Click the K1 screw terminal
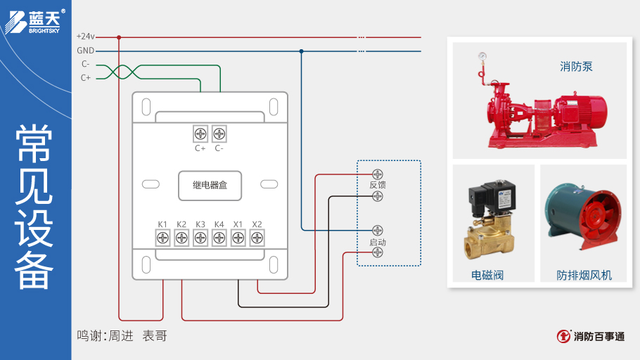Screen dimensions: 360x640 point(162,238)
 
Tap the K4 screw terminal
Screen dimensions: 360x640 point(219,238)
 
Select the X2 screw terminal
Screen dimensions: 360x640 point(257,238)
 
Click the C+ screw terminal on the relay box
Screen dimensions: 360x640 point(200,133)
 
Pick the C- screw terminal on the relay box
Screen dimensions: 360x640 point(219,133)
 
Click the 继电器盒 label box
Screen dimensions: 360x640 point(210,185)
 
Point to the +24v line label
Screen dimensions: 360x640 point(85,37)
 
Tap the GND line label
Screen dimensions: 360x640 point(85,51)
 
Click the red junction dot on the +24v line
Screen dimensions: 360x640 point(119,37)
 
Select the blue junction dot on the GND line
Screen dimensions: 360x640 point(301,51)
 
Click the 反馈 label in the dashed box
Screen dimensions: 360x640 point(378,185)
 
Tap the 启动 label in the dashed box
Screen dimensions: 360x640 point(378,242)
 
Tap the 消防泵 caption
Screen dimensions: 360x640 point(576,67)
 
